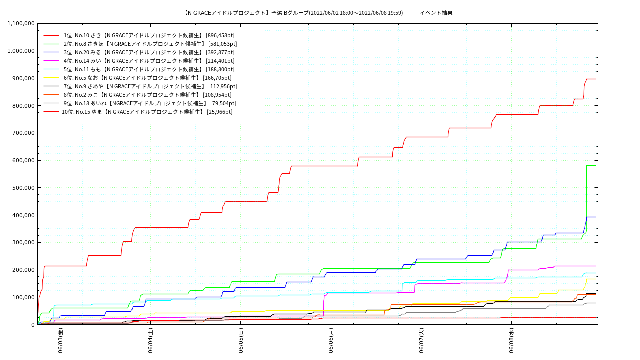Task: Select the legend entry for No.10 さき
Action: [149, 35]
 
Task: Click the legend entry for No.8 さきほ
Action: [150, 44]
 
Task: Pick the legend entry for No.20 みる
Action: [149, 52]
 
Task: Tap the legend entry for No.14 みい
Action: [149, 61]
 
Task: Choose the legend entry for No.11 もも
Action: [149, 69]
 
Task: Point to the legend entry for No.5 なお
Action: [147, 78]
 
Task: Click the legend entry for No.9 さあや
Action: [150, 86]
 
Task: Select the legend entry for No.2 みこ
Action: [147, 95]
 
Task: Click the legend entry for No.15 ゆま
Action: [147, 112]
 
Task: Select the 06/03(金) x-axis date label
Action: [60, 341]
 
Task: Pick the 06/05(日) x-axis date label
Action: [241, 341]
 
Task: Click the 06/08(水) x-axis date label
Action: [511, 341]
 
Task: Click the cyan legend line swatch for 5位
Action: [51, 69]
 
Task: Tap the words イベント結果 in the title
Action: [436, 13]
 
